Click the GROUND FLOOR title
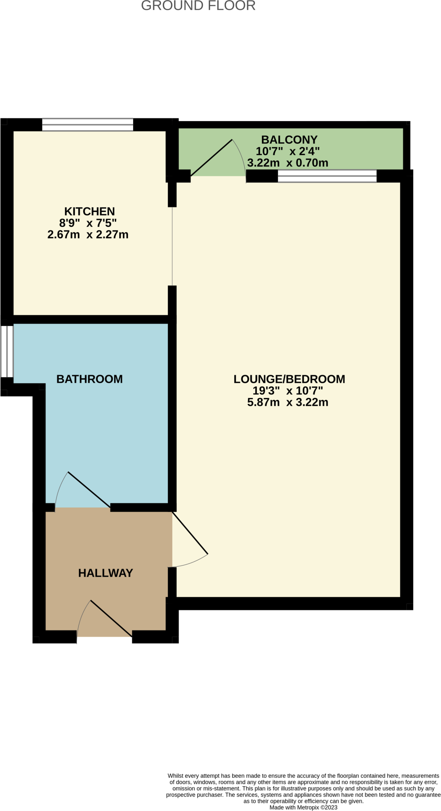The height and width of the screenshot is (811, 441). pyautogui.click(x=198, y=6)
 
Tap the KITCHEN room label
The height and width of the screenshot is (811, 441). pyautogui.click(x=90, y=211)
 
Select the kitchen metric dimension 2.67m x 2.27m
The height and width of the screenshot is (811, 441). pyautogui.click(x=88, y=235)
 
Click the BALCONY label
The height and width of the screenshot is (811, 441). pyautogui.click(x=289, y=140)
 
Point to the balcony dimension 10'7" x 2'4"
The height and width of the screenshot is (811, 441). pyautogui.click(x=288, y=151)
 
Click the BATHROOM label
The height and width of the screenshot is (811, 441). pyautogui.click(x=90, y=379)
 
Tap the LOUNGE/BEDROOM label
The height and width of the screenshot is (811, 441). pyautogui.click(x=289, y=379)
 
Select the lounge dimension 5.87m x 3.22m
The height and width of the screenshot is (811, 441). pyautogui.click(x=288, y=403)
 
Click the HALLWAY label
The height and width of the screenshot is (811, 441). pyautogui.click(x=105, y=573)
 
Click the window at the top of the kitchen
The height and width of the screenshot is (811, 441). pyautogui.click(x=88, y=125)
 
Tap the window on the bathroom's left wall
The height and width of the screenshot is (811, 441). pyautogui.click(x=7, y=351)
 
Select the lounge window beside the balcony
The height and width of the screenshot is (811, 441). pyautogui.click(x=327, y=176)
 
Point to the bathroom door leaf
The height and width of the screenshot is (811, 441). pyautogui.click(x=89, y=489)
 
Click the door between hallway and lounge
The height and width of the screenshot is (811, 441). pyautogui.click(x=190, y=533)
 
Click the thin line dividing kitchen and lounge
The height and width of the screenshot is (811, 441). pyautogui.click(x=172, y=246)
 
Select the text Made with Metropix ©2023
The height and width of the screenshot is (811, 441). pyautogui.click(x=304, y=807)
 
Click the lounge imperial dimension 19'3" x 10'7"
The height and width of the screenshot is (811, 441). pyautogui.click(x=288, y=391)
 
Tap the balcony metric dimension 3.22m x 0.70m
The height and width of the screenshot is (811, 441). pyautogui.click(x=288, y=163)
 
